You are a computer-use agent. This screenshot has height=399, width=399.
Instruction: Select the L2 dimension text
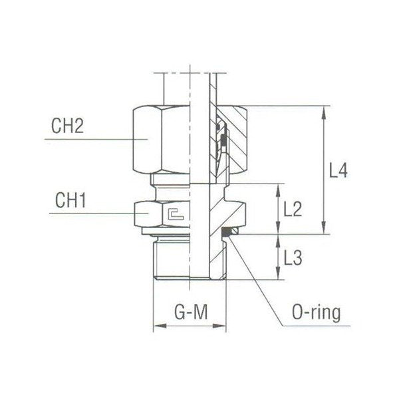[x=293, y=209]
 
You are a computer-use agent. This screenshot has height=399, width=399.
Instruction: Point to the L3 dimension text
[x=293, y=257]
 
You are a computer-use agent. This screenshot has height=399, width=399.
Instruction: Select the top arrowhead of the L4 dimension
[x=324, y=110]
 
